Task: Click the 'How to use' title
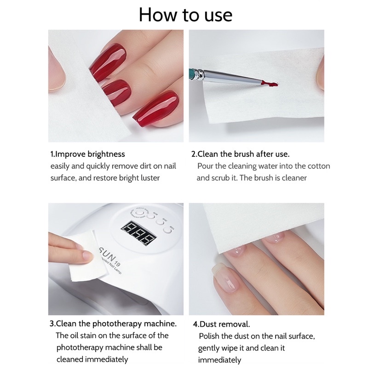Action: click(x=185, y=15)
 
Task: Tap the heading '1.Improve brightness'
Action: click(x=87, y=154)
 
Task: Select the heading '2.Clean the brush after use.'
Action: click(x=240, y=154)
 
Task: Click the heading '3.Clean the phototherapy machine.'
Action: click(x=113, y=324)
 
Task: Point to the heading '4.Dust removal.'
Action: click(x=221, y=324)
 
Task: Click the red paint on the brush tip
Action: click(x=270, y=84)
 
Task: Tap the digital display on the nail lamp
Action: click(x=139, y=233)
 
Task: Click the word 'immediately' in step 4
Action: click(x=219, y=360)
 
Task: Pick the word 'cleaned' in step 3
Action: click(x=70, y=359)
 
